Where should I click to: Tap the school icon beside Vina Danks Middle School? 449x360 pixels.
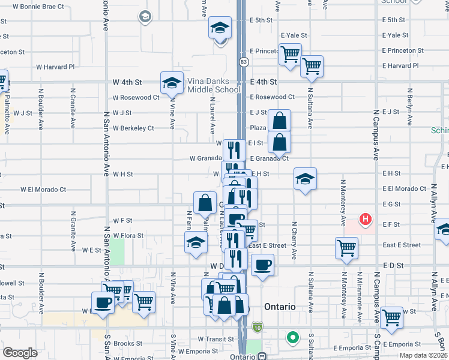[172, 83]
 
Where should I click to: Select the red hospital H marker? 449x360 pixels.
[364, 220]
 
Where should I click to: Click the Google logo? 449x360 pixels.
[20, 352]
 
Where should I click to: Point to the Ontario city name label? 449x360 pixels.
[279, 307]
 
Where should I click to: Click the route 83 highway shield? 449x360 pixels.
[244, 62]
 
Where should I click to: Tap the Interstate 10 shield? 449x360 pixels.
[258, 327]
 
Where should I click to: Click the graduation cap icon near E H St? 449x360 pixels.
[305, 178]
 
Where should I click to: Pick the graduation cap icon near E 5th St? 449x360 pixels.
[220, 27]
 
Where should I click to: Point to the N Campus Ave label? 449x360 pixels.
[376, 135]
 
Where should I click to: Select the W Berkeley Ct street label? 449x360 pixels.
[133, 128]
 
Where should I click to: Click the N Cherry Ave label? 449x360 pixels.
[294, 240]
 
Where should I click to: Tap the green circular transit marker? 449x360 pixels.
[293, 338]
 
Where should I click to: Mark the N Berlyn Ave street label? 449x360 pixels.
[410, 110]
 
